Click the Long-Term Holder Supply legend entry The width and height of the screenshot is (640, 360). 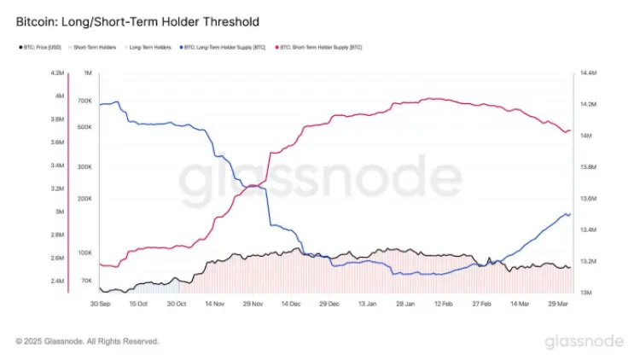pos(221,48)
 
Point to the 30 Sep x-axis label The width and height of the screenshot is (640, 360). pos(101,303)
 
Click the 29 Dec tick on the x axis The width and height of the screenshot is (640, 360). pos(329,303)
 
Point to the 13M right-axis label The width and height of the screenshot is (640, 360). pos(587,293)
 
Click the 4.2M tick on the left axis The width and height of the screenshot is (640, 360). pos(59,73)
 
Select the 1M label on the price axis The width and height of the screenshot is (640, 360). pos(86,73)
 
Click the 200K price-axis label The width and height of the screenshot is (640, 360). pos(84,197)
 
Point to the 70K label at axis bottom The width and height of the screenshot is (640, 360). pos(85,280)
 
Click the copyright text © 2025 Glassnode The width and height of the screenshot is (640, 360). pos(87,341)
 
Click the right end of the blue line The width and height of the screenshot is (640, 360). pos(569,213)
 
